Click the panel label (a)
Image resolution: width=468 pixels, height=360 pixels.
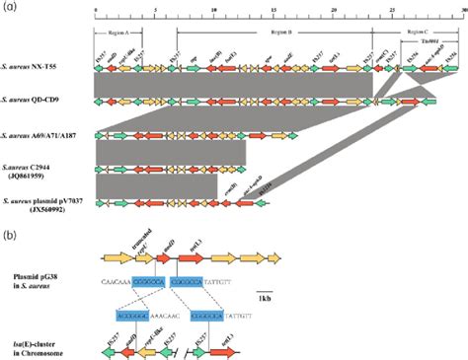[x=9, y=7]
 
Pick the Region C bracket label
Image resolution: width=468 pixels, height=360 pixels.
[x=415, y=32]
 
